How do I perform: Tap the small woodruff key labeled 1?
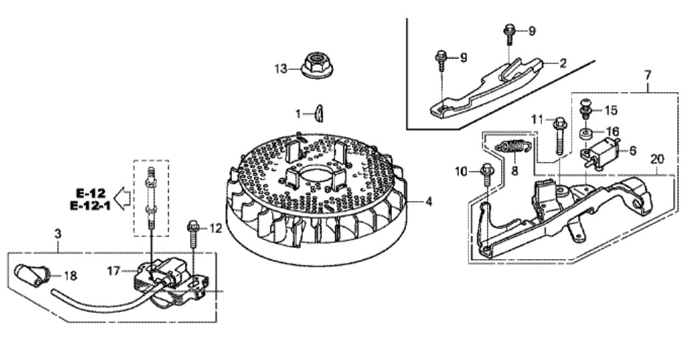click(320, 113)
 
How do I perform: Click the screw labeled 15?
click(586, 108)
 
